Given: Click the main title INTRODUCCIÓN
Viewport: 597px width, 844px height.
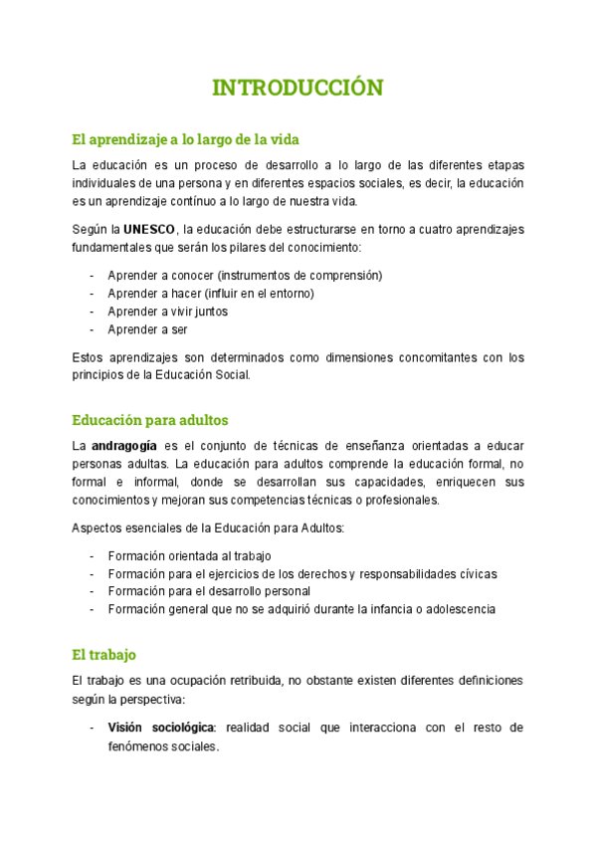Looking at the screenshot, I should point(298,88).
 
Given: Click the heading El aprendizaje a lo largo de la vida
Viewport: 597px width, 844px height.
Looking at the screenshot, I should point(186,138).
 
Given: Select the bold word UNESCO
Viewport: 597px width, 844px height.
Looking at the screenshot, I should point(148,229).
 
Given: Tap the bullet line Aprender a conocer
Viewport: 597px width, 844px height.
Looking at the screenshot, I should point(244,276).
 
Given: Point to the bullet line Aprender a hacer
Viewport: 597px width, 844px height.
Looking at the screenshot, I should point(210,294).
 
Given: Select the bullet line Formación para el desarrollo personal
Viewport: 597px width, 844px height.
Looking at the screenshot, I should point(209,591).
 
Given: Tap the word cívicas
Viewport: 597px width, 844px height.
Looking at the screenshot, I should point(475,573).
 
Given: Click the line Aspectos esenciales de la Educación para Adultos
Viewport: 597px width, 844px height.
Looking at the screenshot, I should point(208,527).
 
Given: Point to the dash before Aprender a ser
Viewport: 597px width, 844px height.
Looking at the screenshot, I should point(93,329).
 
